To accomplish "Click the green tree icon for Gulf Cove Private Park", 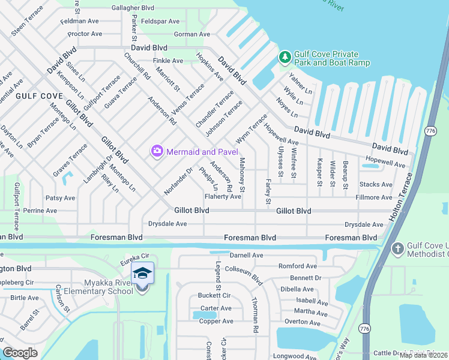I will (x=285, y=58).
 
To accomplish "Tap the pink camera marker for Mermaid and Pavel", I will (x=157, y=151).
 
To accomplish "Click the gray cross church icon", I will (x=397, y=248).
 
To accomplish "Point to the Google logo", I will (x=20, y=353).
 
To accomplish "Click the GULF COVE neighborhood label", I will (x=39, y=96).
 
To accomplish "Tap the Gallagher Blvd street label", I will (x=133, y=8).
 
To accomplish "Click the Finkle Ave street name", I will (x=168, y=61).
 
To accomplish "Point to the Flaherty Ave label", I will (x=223, y=196).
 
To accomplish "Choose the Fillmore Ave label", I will (x=374, y=197).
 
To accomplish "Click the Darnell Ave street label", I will (x=246, y=255).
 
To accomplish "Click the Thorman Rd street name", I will (x=255, y=316).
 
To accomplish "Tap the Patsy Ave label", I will (x=60, y=197).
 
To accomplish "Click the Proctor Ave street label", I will (x=85, y=34).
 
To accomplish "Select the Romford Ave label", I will (x=297, y=266).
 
